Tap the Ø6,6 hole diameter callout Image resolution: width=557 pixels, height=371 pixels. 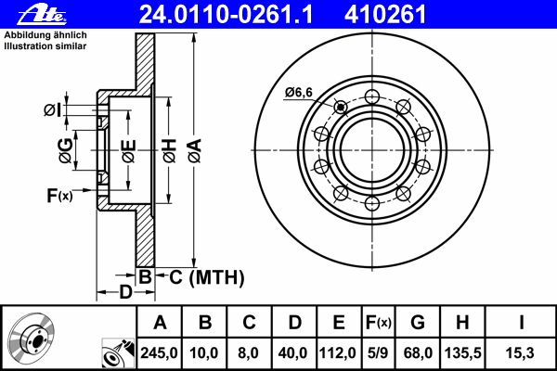pyautogui.click(x=298, y=91)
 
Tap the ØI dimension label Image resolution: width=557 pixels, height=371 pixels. pyautogui.click(x=53, y=110)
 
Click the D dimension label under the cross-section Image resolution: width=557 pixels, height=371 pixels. pyautogui.click(x=124, y=293)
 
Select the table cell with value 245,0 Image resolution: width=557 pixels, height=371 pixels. pyautogui.click(x=159, y=353)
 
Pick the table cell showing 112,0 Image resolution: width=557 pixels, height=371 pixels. pyautogui.click(x=339, y=353)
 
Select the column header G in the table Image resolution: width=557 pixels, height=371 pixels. pyautogui.click(x=417, y=323)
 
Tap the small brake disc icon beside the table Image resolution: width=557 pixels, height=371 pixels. pyautogui.click(x=31, y=337)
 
